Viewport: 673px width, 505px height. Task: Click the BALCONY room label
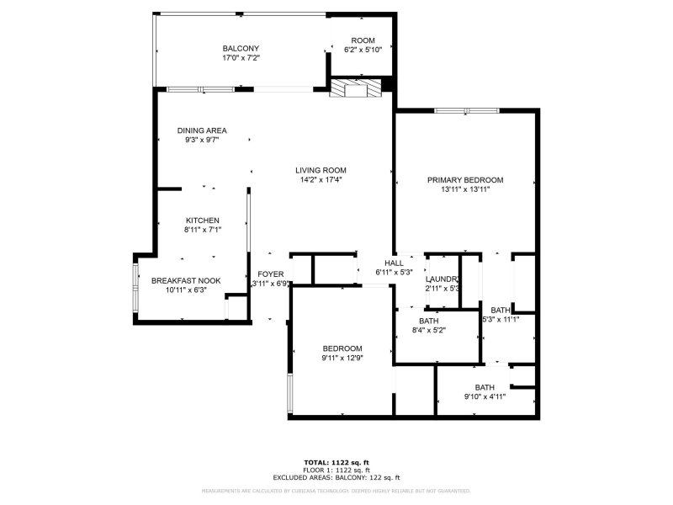coord(241,48)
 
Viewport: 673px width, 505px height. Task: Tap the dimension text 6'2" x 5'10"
coord(363,50)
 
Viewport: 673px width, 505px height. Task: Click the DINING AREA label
coord(202,130)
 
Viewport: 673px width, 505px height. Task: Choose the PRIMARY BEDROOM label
coord(464,180)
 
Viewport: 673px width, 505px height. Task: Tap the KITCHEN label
coord(202,221)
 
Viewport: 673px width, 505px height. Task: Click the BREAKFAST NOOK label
coord(186,280)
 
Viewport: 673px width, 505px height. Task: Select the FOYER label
coord(271,274)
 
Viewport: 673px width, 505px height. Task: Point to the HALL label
coord(394,263)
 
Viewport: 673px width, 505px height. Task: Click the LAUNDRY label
coord(442,279)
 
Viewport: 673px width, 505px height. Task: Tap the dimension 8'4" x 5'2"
coord(429,330)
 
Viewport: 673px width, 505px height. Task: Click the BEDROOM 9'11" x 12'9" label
coord(342,348)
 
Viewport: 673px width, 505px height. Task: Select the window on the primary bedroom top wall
coord(459,109)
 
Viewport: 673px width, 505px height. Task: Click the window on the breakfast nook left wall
coord(135,289)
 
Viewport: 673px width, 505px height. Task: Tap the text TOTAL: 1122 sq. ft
coord(336,462)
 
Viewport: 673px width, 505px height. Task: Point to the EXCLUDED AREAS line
coord(336,477)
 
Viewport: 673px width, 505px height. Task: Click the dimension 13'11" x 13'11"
coord(464,189)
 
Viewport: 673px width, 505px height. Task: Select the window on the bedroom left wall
coord(289,391)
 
